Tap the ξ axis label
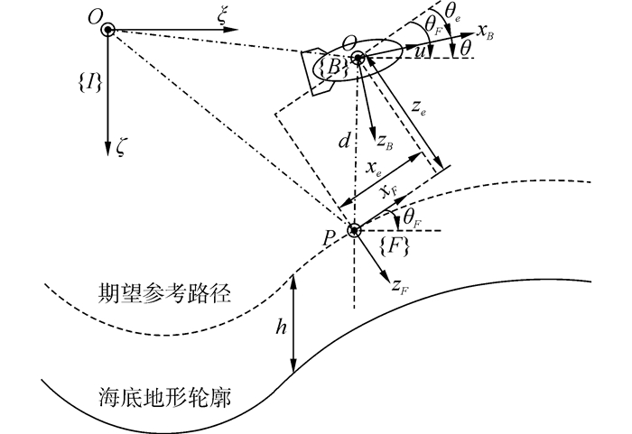(222, 13)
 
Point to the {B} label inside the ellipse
(330, 65)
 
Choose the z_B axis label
(384, 140)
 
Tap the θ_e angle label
(452, 12)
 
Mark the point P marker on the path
(354, 230)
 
